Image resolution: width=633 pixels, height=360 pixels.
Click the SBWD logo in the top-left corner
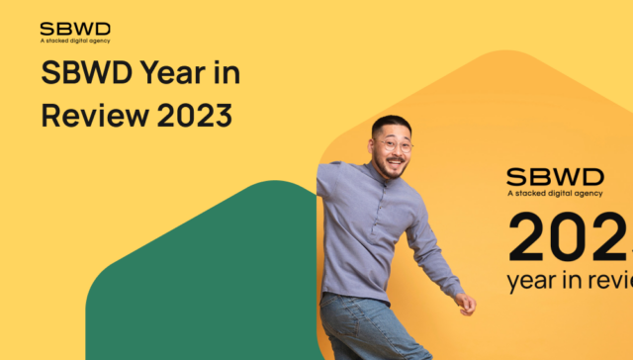tap(75, 28)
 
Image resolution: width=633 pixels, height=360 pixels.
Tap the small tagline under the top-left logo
tap(75, 41)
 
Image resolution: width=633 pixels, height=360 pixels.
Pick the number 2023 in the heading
tap(194, 116)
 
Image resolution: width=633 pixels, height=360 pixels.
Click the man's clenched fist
tap(466, 304)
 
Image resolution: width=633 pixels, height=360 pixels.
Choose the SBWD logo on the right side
tap(555, 177)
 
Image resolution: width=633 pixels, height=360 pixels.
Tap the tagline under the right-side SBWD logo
tap(555, 195)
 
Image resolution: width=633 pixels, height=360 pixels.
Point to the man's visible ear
tap(375, 146)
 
